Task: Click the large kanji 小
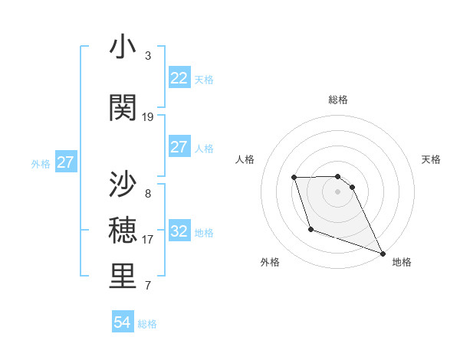pyautogui.click(x=123, y=47)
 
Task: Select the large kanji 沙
pyautogui.click(x=123, y=185)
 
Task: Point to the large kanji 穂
pyautogui.click(x=123, y=230)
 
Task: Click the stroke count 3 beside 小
pyautogui.click(x=147, y=56)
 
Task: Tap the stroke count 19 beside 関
pyautogui.click(x=148, y=116)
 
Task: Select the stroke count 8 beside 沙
pyautogui.click(x=147, y=194)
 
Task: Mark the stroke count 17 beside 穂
pyautogui.click(x=148, y=240)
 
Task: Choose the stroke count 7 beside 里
pyautogui.click(x=147, y=286)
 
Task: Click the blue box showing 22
pyautogui.click(x=179, y=78)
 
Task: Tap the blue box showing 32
pyautogui.click(x=179, y=231)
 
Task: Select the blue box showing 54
pyautogui.click(x=122, y=323)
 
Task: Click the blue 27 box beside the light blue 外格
pyautogui.click(x=65, y=162)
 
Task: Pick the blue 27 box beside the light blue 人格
pyautogui.click(x=179, y=147)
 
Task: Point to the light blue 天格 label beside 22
pyautogui.click(x=204, y=79)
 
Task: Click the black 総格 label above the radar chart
pyautogui.click(x=337, y=100)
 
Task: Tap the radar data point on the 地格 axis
pyautogui.click(x=383, y=254)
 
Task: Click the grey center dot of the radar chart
pyautogui.click(x=337, y=191)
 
